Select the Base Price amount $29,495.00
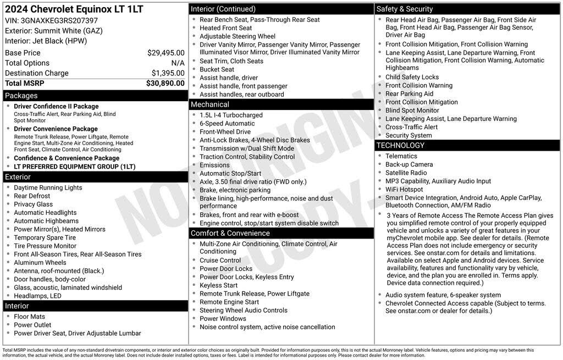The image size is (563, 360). pos(165,53)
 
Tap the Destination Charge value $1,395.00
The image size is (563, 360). pos(168,73)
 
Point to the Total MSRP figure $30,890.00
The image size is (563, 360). pos(165,83)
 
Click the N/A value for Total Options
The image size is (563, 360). pos(178,63)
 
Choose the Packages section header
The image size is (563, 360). pos(21,96)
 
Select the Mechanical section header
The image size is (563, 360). pos(210,104)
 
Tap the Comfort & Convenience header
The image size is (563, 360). pos(230,233)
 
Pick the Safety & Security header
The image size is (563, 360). pos(405,9)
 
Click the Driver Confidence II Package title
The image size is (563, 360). pos(56,107)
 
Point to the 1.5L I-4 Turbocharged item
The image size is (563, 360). pos(231,115)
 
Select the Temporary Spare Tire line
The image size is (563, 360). pos(45,237)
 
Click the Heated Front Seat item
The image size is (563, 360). pos(225,28)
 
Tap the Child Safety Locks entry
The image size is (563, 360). pos(412,77)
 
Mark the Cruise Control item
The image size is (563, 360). pos(220,261)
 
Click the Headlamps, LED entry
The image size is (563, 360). pos(37,296)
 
